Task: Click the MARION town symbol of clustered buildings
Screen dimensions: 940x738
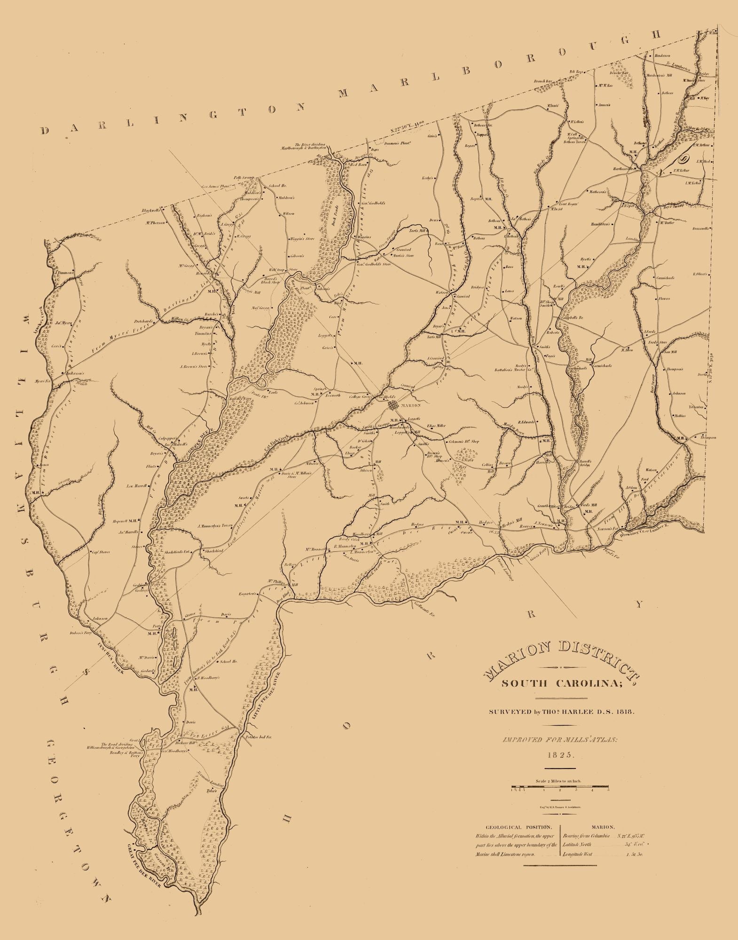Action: tap(393, 404)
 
